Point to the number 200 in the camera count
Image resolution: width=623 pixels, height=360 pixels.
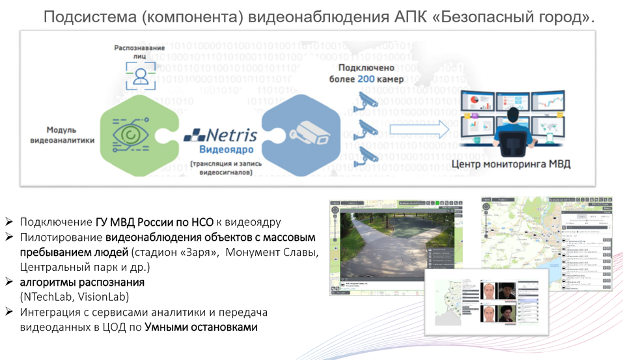point(367,79)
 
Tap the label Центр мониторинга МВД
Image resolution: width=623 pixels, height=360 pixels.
point(510,163)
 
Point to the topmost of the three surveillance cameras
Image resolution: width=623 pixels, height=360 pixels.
point(366,99)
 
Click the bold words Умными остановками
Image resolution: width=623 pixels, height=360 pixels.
point(201,326)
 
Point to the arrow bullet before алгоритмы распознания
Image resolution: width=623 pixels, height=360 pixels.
point(8,282)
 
